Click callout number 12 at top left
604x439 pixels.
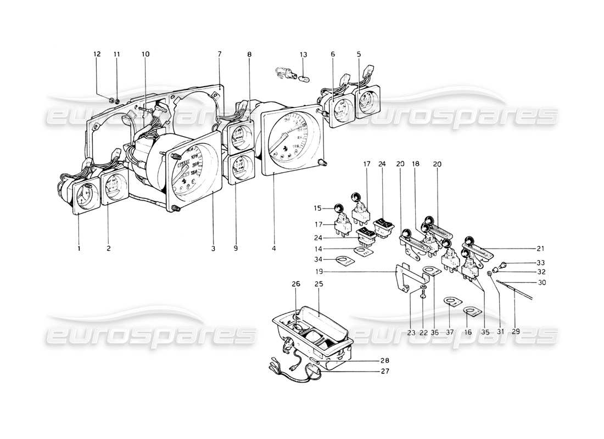click(97, 54)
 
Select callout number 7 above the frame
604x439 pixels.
click(219, 54)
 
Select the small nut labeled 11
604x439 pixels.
click(117, 102)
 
